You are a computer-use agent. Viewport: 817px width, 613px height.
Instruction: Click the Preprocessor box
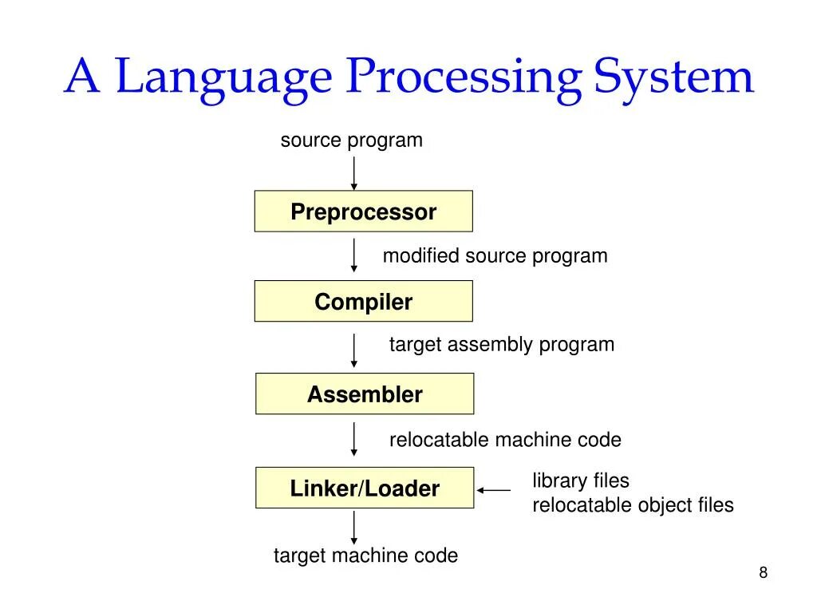(363, 212)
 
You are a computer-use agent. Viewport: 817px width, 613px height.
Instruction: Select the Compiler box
(363, 302)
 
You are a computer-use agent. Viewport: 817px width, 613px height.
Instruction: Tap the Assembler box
(364, 394)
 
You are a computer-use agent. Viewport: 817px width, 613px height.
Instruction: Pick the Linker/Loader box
(364, 488)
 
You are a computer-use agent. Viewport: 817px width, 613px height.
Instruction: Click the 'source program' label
(351, 140)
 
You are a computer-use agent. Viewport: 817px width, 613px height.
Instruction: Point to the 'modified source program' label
(495, 256)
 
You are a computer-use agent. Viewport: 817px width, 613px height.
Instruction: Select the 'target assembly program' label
(501, 345)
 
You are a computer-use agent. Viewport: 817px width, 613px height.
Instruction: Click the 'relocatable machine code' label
(505, 440)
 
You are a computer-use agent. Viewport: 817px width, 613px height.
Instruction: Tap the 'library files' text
(581, 481)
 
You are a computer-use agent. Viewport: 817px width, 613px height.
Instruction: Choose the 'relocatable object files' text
(633, 505)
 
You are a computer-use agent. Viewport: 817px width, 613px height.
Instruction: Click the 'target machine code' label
(365, 556)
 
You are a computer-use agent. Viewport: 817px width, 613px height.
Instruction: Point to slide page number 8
(763, 572)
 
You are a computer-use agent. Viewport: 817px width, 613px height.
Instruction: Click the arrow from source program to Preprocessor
(354, 172)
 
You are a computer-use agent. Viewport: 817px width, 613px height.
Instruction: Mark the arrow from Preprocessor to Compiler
(354, 255)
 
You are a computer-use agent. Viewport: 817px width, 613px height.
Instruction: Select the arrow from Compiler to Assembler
(354, 348)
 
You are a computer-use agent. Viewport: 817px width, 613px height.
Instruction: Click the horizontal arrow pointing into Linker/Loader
(494, 490)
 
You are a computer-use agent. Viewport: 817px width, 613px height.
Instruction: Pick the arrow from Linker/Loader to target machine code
(354, 527)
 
